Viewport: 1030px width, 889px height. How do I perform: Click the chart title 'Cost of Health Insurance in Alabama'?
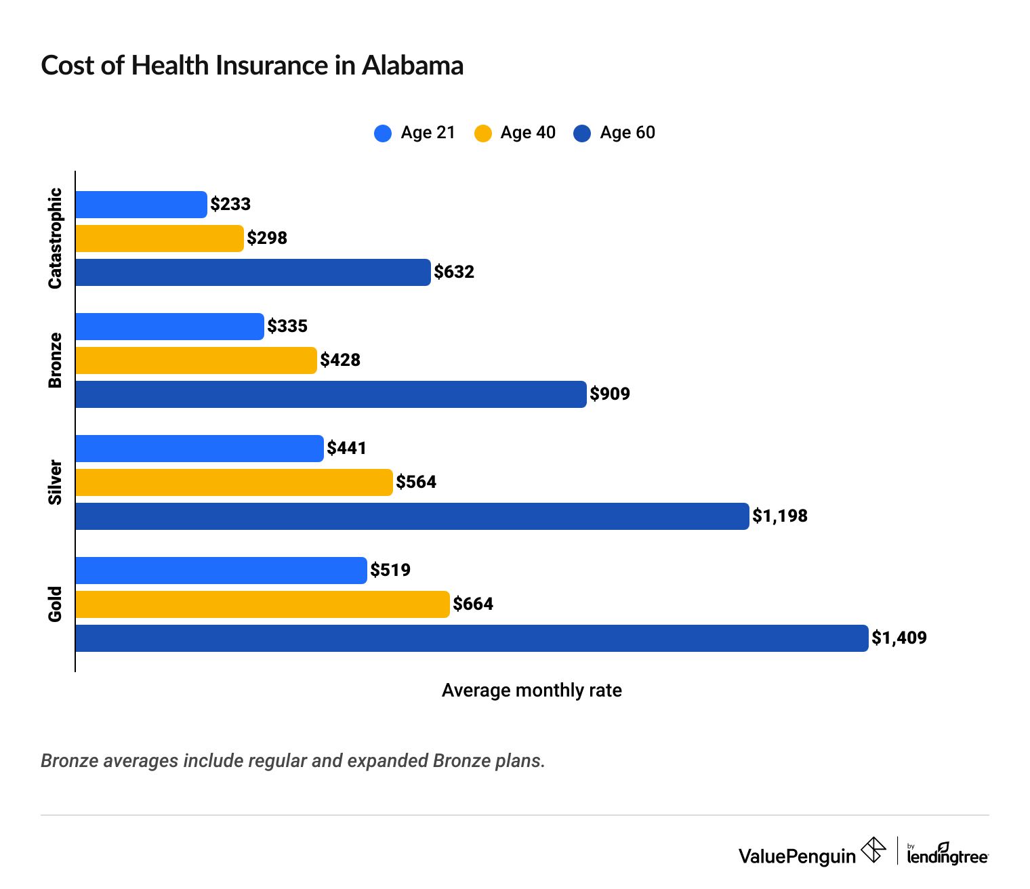(252, 66)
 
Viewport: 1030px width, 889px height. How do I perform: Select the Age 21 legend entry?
(415, 133)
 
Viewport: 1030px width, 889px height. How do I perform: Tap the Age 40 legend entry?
(515, 133)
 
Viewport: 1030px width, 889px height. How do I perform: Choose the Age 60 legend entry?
(615, 133)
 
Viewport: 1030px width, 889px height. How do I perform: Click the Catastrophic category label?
(55, 239)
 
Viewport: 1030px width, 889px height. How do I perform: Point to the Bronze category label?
(55, 360)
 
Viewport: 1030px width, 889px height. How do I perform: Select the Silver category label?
(55, 482)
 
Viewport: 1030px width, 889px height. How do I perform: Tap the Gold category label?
(55, 604)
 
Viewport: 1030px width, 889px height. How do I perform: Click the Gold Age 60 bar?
(471, 638)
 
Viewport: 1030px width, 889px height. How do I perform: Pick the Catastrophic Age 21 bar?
(141, 205)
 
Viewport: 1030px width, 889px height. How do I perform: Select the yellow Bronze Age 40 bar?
(196, 360)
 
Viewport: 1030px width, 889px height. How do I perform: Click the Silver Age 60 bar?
(412, 516)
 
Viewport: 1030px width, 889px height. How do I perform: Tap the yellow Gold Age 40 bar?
(262, 604)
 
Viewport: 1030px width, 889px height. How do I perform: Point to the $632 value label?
(454, 272)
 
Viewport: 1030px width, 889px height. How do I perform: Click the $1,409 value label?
(899, 638)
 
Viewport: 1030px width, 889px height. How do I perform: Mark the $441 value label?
(347, 449)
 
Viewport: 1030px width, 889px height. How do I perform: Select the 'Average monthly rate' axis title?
(532, 690)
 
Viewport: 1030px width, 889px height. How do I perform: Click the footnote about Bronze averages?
(293, 761)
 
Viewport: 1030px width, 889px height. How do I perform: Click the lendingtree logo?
(947, 854)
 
